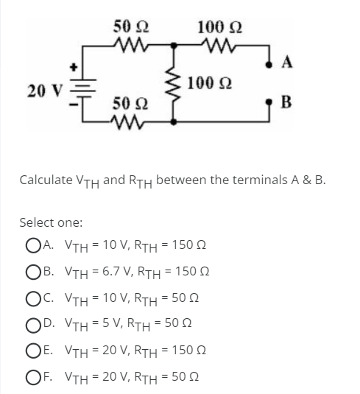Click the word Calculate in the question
tap(46, 179)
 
